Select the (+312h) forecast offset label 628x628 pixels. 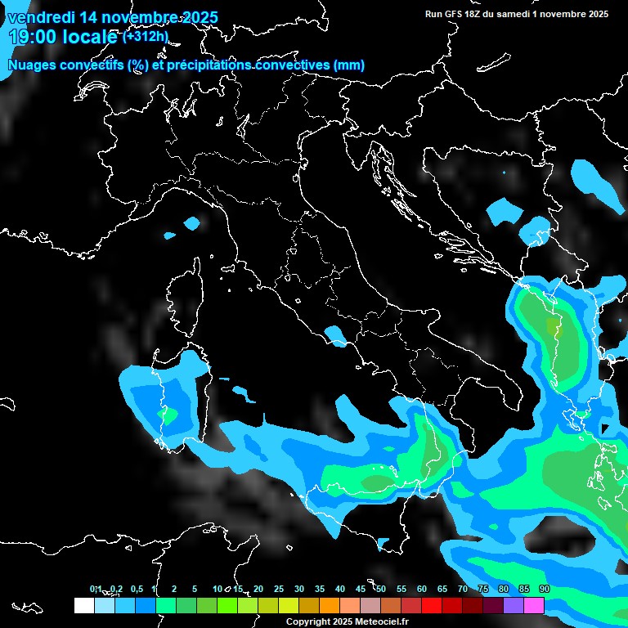pyautogui.click(x=146, y=36)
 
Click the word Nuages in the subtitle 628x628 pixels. pyautogui.click(x=33, y=65)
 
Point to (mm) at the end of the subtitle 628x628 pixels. pyautogui.click(x=349, y=65)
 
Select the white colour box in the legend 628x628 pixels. pyautogui.click(x=83, y=605)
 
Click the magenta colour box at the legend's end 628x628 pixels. pyautogui.click(x=534, y=605)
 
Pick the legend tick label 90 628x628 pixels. pyautogui.click(x=544, y=589)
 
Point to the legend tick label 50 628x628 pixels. pyautogui.click(x=380, y=589)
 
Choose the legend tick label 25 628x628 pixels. pyautogui.click(x=278, y=589)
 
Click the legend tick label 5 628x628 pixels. pyautogui.click(x=195, y=589)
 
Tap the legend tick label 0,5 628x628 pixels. pyautogui.click(x=136, y=589)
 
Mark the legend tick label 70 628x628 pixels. pyautogui.click(x=462, y=589)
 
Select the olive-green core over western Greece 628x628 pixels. pyautogui.click(x=554, y=329)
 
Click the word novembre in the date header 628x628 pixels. pyautogui.click(x=137, y=18)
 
